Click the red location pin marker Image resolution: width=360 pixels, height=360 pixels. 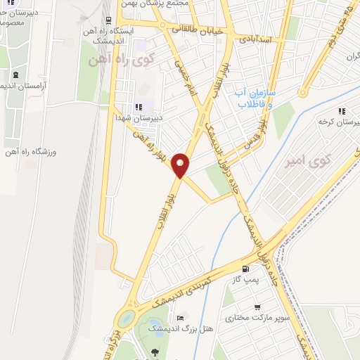pos(181,165)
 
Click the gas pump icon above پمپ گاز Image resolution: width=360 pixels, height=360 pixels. pos(245,269)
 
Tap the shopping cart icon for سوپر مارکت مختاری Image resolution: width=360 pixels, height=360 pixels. pos(258,307)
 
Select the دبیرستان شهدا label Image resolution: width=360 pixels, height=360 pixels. pos(139,118)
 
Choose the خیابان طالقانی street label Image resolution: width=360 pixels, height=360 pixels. pos(198,30)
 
